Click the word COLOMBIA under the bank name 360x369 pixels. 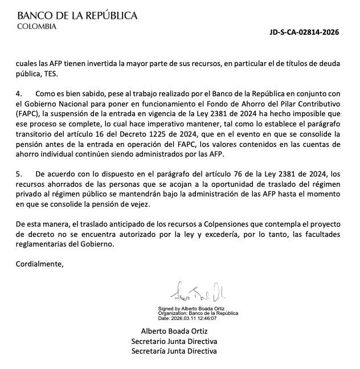37,26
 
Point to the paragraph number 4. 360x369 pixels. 18,93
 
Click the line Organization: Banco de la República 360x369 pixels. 198,313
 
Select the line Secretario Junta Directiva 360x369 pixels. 174,341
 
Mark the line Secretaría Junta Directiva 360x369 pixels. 174,351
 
